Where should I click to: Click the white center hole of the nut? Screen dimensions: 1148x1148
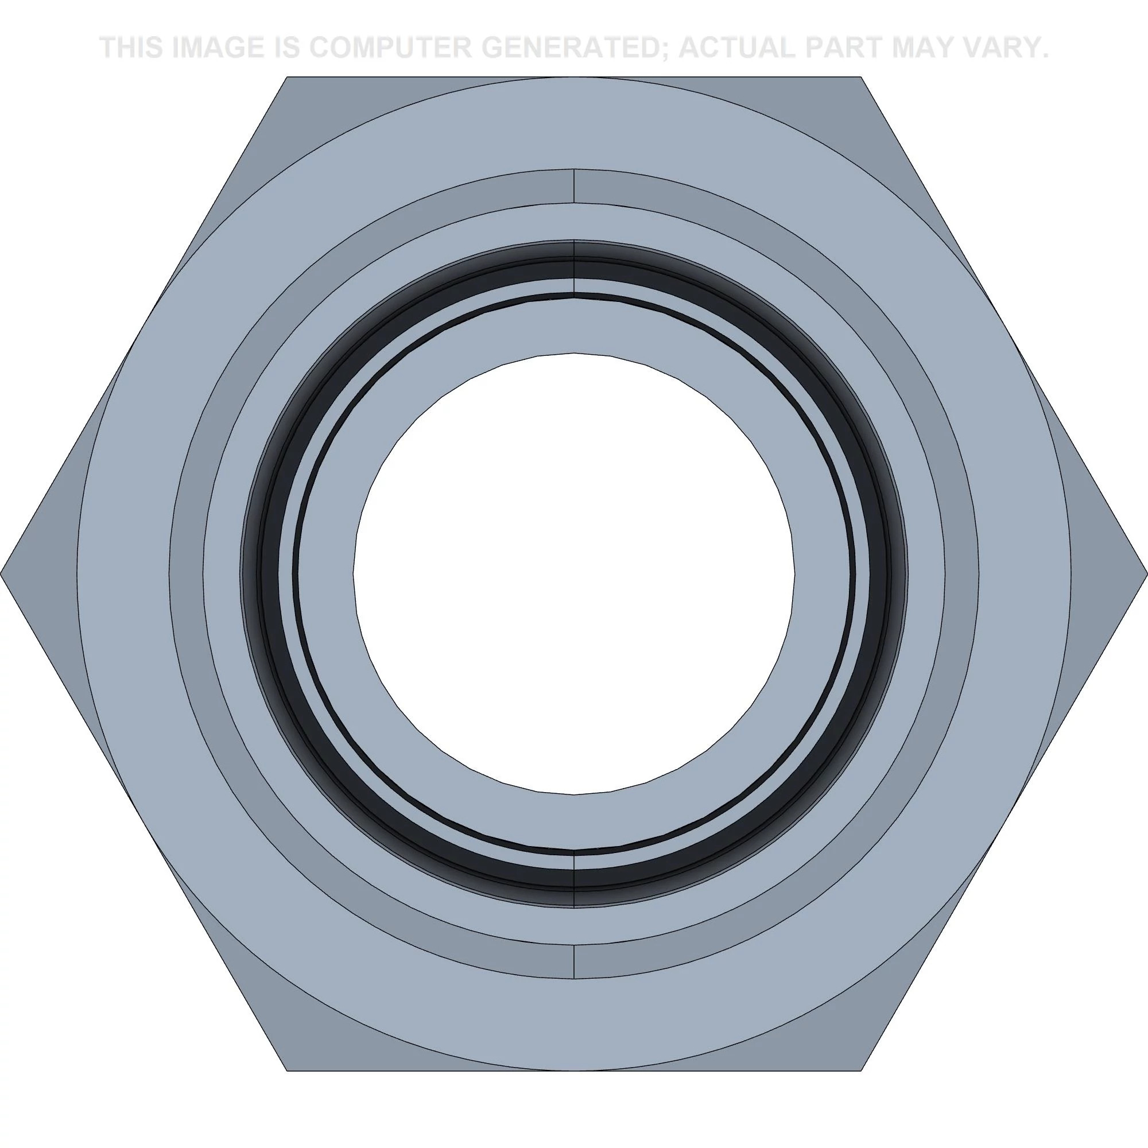pyautogui.click(x=574, y=574)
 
